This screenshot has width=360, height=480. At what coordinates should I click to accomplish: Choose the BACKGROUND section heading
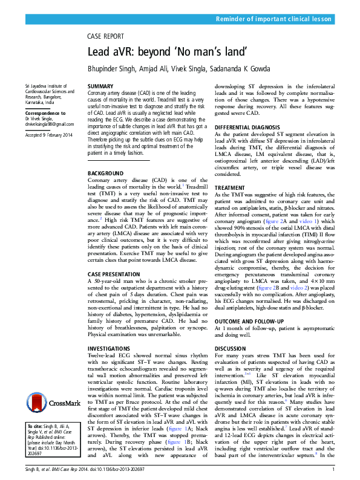(108, 174)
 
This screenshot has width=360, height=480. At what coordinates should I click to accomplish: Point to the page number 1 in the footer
(334, 469)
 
